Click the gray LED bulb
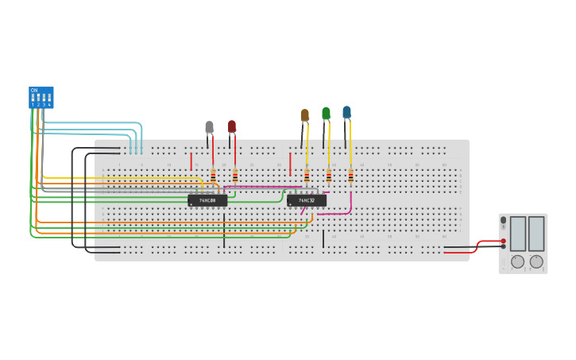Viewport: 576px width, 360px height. tap(209, 127)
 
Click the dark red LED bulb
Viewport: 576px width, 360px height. tap(232, 126)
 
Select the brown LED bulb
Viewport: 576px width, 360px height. tap(305, 115)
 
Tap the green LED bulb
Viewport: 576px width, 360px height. tap(326, 114)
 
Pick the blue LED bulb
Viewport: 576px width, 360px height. tap(346, 113)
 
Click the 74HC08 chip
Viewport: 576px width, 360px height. tap(207, 200)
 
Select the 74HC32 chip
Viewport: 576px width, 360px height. tap(307, 200)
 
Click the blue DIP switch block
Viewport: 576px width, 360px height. tap(41, 97)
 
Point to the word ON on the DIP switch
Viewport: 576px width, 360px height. tap(34, 90)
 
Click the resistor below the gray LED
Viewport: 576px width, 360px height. tap(213, 176)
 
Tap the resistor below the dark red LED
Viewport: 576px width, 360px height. tap(235, 176)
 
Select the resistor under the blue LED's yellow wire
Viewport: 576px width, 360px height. tap(350, 176)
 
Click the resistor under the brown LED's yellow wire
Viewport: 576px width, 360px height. tap(307, 176)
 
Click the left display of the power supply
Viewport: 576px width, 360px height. tap(517, 234)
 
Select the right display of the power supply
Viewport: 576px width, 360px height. tap(536, 234)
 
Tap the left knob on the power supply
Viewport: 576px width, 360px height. tap(517, 261)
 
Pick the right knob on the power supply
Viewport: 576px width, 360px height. tap(536, 261)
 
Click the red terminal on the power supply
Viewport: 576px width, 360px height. tap(503, 241)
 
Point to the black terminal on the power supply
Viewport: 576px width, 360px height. tap(503, 246)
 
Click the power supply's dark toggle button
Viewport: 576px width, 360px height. tap(503, 220)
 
